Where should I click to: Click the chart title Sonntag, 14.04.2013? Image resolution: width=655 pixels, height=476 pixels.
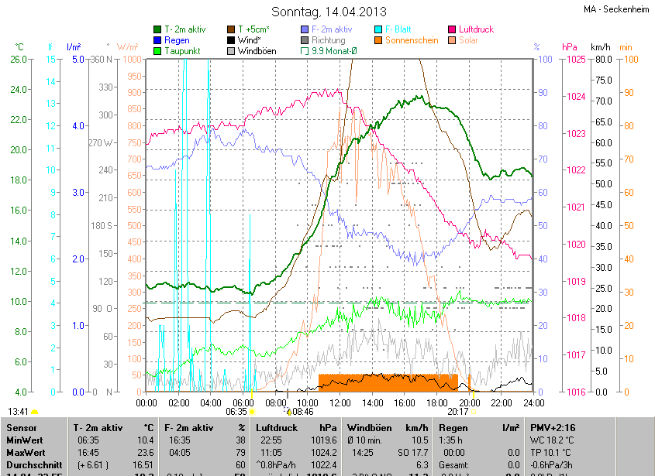329,12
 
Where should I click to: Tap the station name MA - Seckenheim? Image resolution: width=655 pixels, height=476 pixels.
616,9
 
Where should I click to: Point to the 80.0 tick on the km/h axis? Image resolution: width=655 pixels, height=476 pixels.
602,60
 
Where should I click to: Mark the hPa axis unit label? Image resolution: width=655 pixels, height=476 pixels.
569,47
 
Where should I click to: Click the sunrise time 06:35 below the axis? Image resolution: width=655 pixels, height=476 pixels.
236,413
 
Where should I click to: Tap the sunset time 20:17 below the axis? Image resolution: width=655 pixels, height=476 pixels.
457,413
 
